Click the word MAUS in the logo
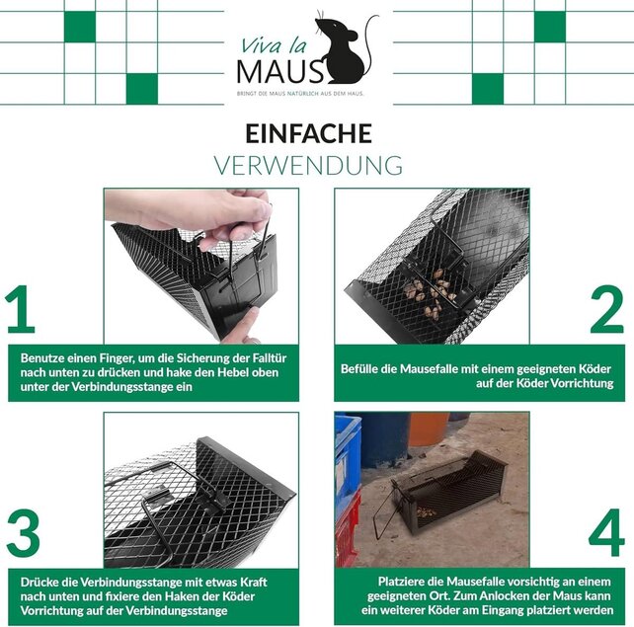click(279, 69)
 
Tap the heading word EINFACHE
click(308, 133)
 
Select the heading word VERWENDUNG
click(308, 164)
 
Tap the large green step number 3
click(22, 534)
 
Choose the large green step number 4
click(605, 534)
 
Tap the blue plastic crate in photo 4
click(348, 464)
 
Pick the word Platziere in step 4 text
click(405, 582)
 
